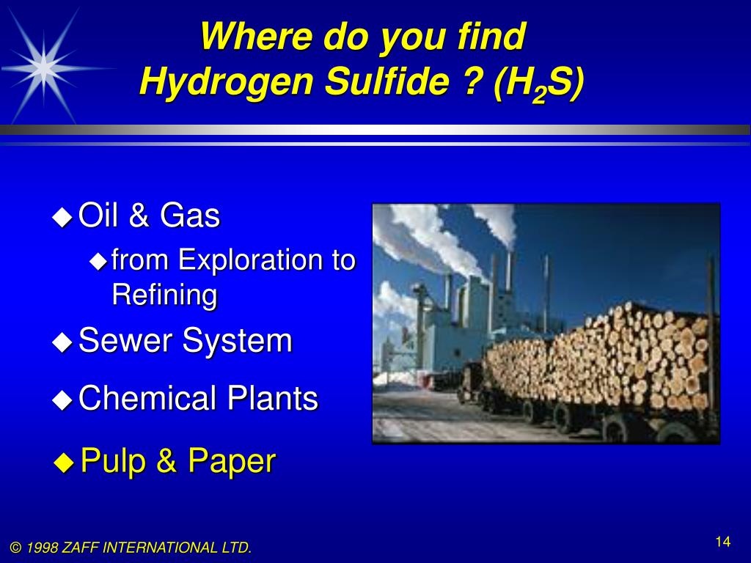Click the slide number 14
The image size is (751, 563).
(722, 542)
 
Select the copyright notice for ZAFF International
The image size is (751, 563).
(131, 548)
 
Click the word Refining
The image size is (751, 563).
(164, 295)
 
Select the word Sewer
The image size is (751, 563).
(125, 340)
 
